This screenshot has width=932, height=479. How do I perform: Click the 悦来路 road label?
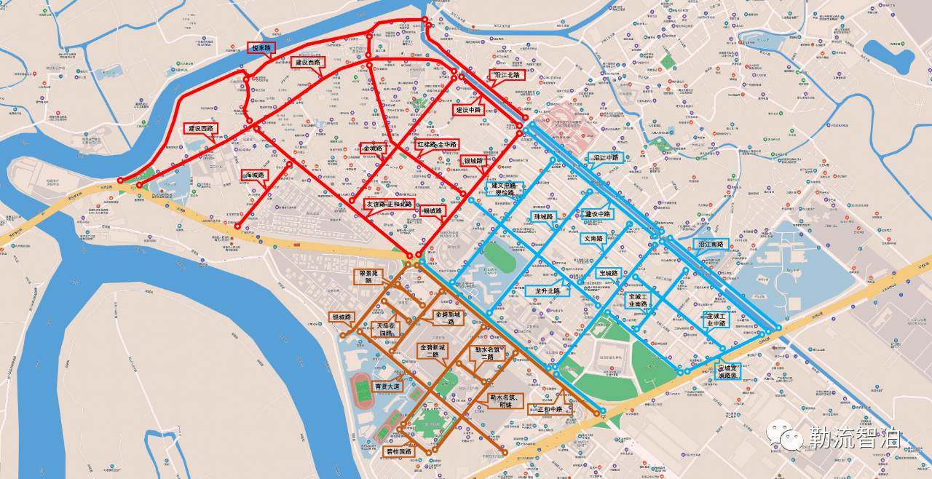(x=261, y=49)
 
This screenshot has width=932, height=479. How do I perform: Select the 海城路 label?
(x=256, y=175)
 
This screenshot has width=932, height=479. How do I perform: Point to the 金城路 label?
(x=372, y=149)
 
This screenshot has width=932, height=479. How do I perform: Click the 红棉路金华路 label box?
(x=438, y=144)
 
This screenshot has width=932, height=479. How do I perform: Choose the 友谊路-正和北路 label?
(x=389, y=204)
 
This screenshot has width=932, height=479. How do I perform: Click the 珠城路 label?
(x=544, y=217)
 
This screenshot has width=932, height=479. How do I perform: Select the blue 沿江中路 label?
(x=606, y=157)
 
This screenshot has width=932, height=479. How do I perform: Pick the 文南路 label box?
(x=593, y=238)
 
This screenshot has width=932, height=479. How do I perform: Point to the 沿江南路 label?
(x=711, y=245)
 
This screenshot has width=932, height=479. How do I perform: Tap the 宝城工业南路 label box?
(x=639, y=300)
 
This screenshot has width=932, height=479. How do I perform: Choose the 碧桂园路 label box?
(x=398, y=451)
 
